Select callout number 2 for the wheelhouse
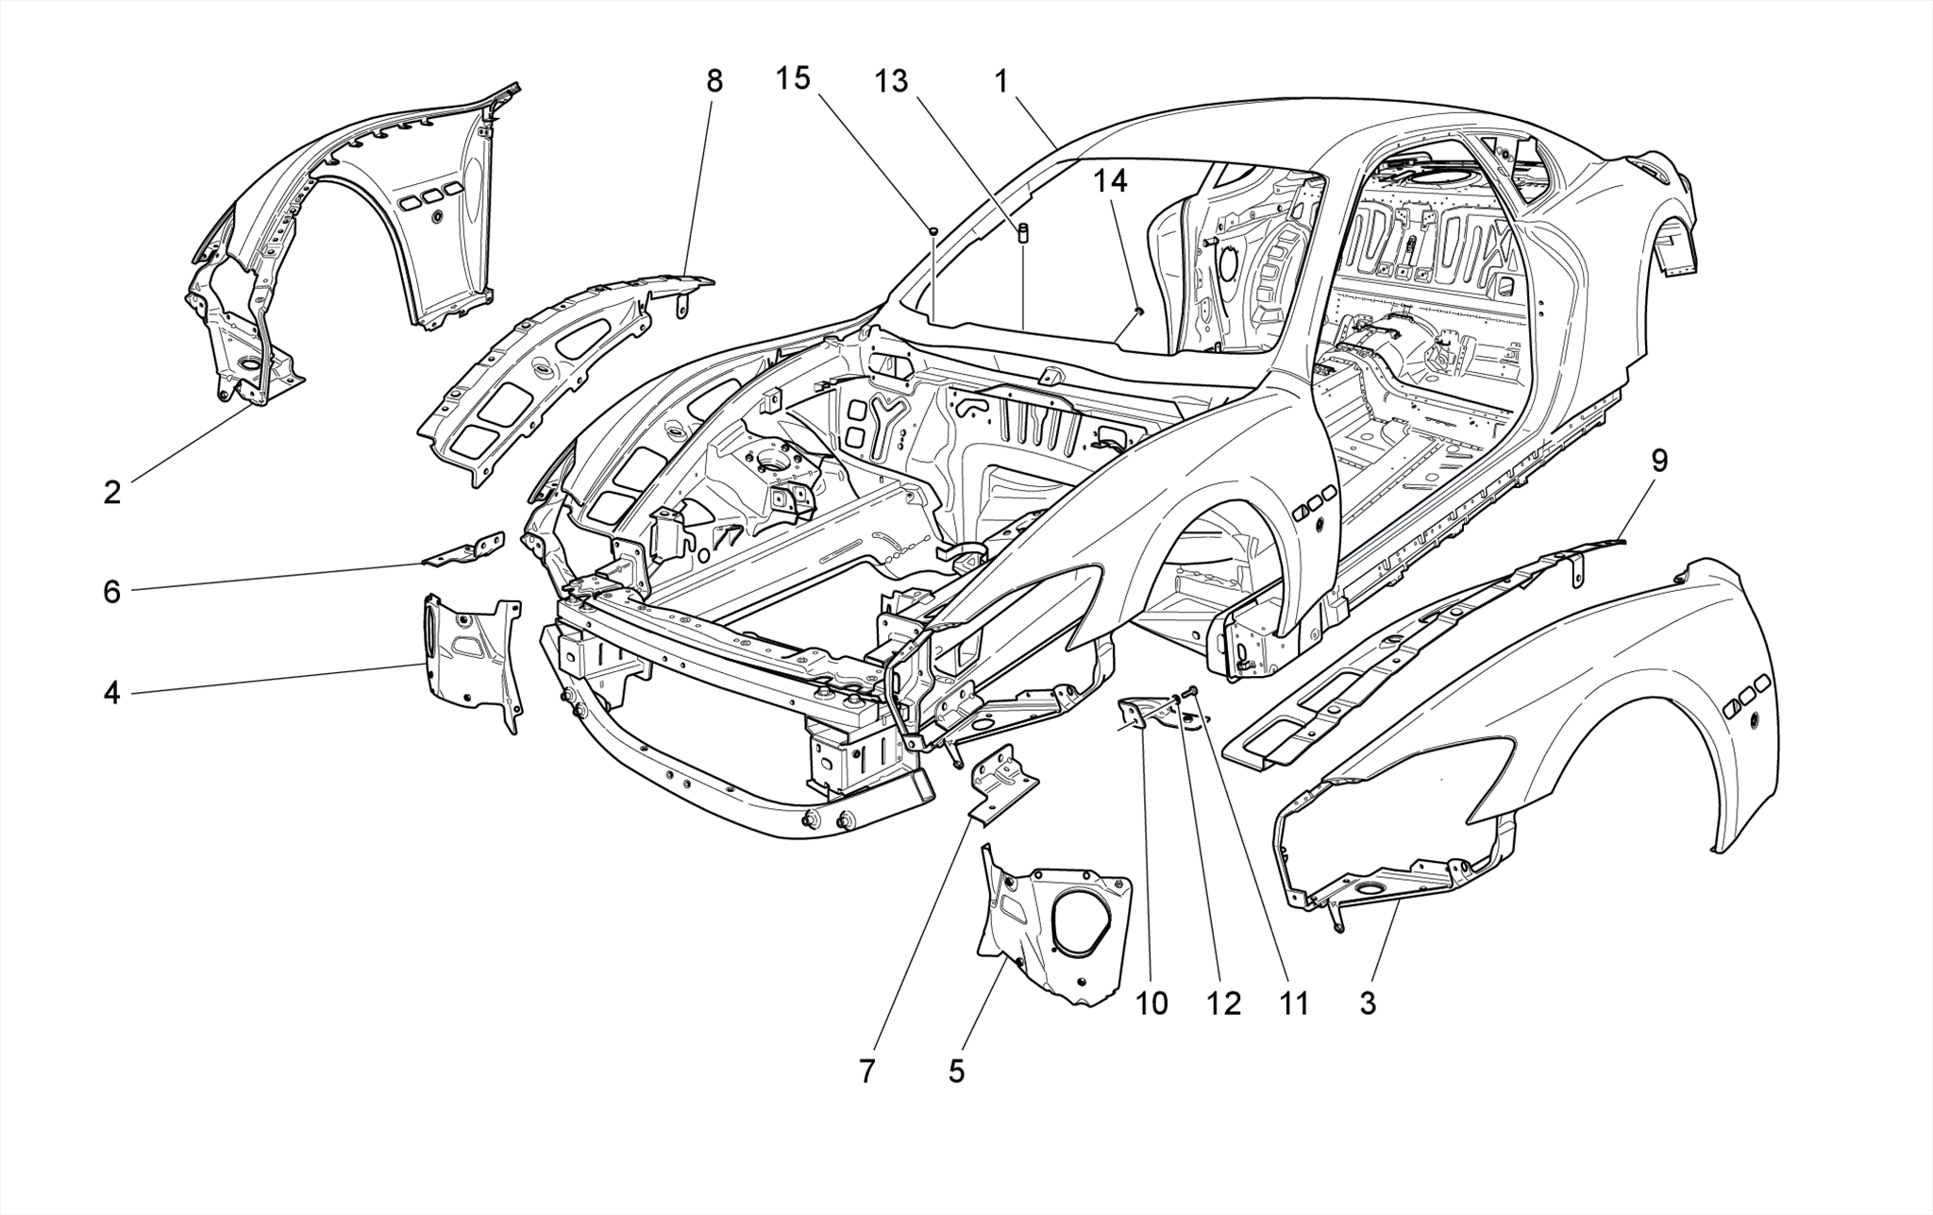112,492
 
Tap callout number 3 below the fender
1368,1004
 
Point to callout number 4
112,694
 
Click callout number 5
956,1072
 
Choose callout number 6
112,592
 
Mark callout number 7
866,1072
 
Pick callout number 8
714,81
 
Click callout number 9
1659,461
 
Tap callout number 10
1151,1004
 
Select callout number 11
1294,1004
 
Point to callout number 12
1222,1004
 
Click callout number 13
890,81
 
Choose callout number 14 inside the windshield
1111,180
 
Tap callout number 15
793,78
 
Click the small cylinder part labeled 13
1023,233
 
